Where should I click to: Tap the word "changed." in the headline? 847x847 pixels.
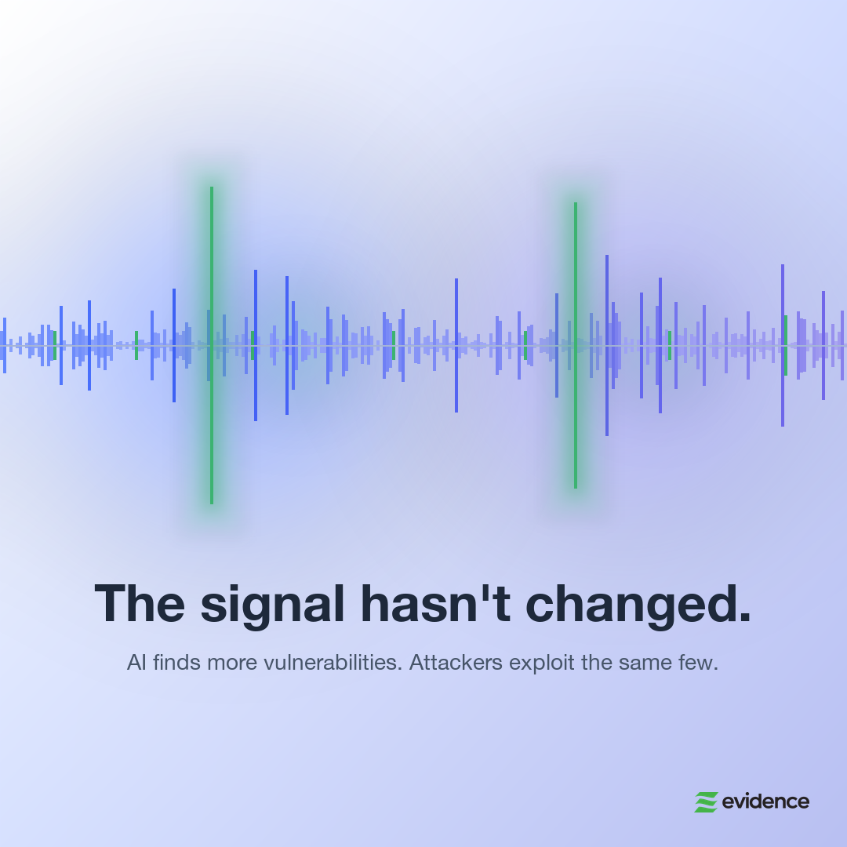[x=638, y=605]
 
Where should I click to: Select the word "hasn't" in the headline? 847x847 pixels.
[x=435, y=603]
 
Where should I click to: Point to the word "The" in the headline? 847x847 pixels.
[x=140, y=603]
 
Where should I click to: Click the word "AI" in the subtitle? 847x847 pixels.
[x=136, y=663]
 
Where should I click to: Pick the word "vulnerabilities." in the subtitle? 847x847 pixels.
[x=333, y=663]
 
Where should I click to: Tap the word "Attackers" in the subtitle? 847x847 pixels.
[x=456, y=663]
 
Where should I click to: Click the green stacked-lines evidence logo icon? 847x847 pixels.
[x=706, y=802]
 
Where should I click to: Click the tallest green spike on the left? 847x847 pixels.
[x=212, y=345]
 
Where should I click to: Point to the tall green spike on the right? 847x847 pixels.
[x=576, y=345]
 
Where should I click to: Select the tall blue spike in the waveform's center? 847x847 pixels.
[x=456, y=345]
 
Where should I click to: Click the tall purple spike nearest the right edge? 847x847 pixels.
[x=823, y=345]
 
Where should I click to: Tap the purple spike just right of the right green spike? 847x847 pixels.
[x=607, y=345]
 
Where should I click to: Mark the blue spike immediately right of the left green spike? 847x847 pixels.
[x=256, y=345]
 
